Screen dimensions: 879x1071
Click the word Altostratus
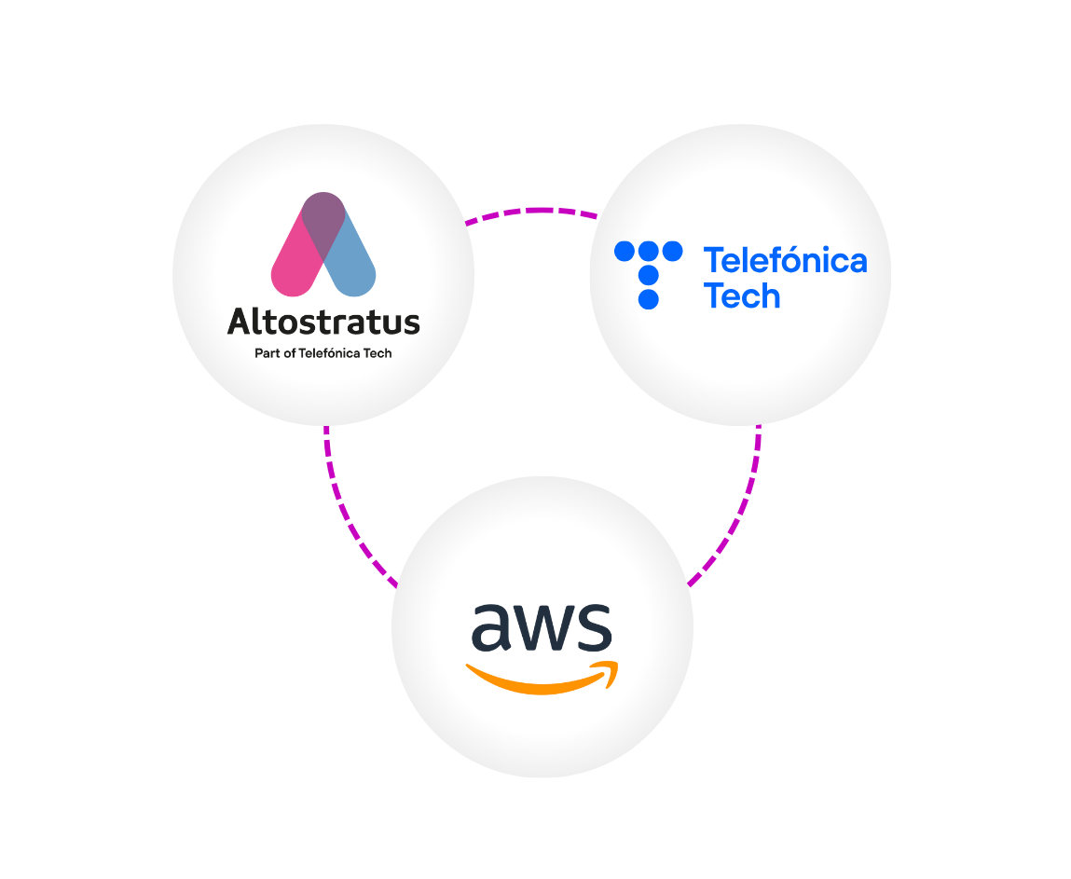pos(323,322)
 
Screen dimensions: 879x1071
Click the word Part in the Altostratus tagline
pos(267,353)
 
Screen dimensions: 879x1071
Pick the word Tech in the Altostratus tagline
pos(378,353)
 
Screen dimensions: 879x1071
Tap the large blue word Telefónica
pos(785,260)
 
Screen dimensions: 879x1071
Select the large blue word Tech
pos(741,296)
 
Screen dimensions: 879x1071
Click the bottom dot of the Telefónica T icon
pos(649,299)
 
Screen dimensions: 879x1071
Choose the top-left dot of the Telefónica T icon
pos(625,251)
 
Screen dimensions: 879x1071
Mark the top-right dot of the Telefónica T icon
pos(672,251)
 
